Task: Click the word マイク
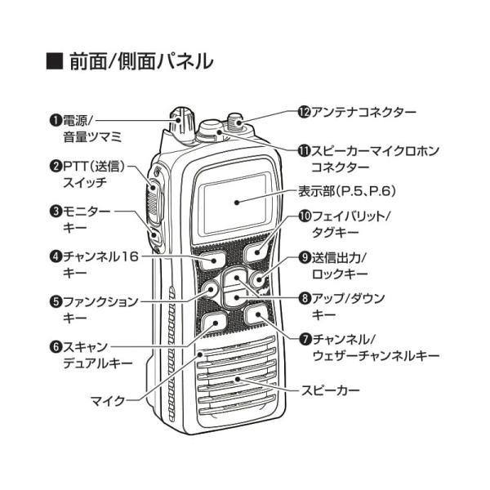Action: pos(107,400)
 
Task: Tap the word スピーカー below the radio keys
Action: pos(330,391)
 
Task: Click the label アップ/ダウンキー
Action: pos(347,305)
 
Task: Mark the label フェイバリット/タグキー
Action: pos(351,224)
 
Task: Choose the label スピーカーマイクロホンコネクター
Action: pos(363,158)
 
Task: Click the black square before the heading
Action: pos(55,61)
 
